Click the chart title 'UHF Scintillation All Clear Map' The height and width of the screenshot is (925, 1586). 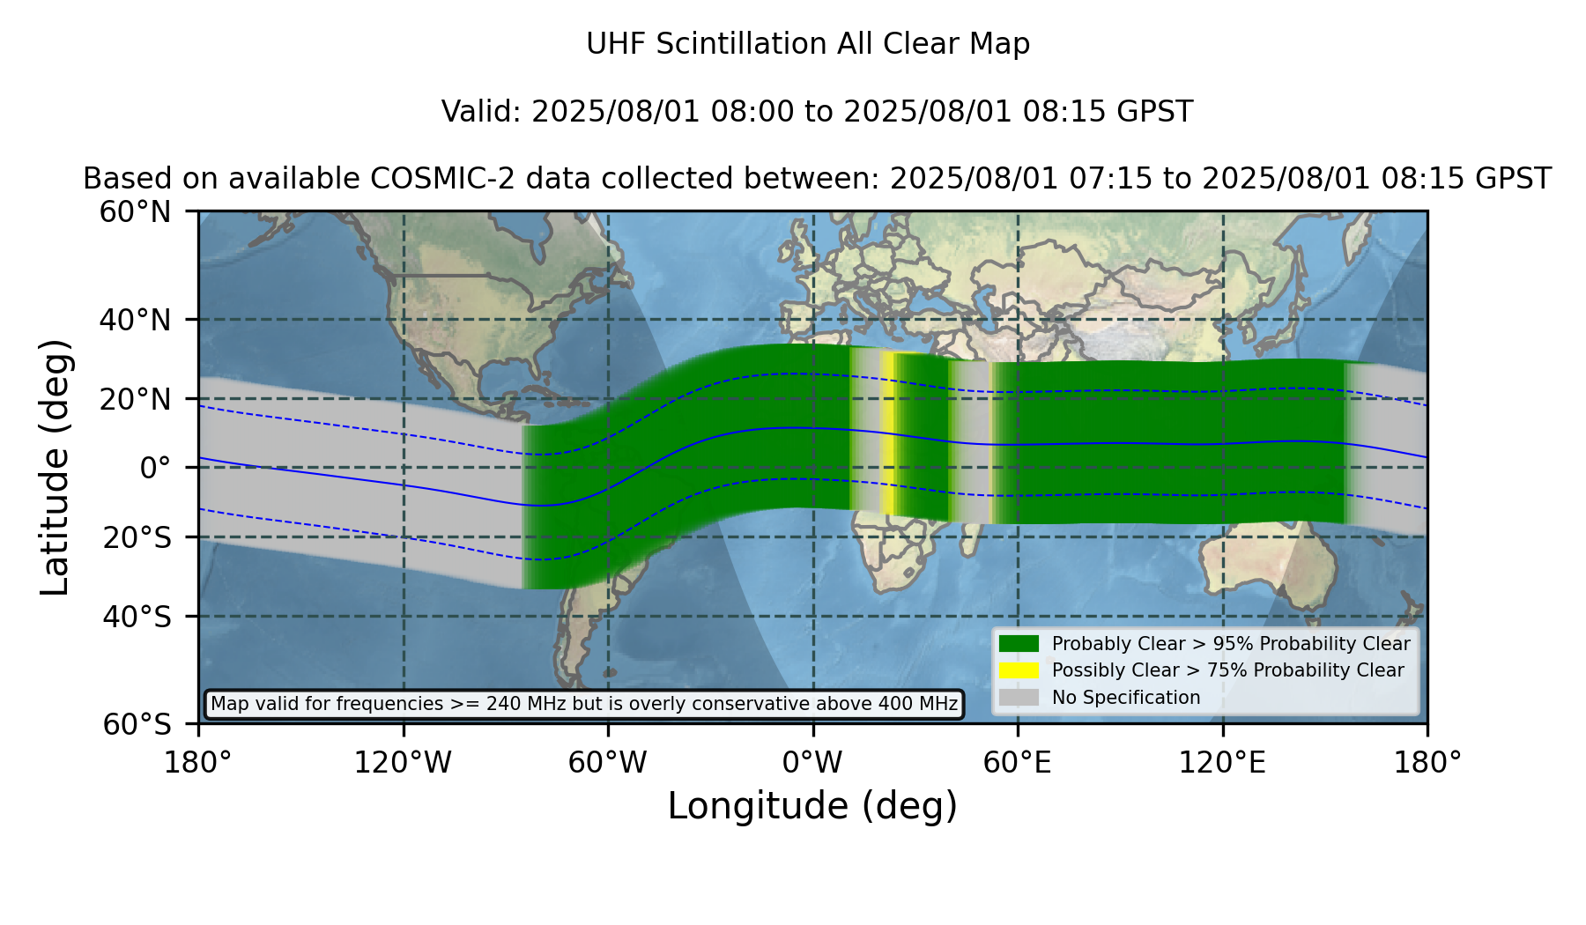[x=808, y=44]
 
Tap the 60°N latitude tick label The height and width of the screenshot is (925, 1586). [x=135, y=212]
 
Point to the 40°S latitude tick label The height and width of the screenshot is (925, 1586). [x=137, y=617]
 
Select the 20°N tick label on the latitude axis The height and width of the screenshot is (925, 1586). [x=135, y=399]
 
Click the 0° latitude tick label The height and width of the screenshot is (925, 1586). [x=155, y=468]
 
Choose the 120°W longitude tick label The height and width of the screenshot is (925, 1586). [x=403, y=762]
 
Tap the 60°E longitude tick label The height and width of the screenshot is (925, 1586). [x=1018, y=762]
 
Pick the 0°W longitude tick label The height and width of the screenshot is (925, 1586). [x=812, y=762]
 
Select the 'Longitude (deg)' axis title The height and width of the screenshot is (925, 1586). [x=812, y=806]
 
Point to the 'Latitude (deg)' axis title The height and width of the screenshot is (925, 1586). [x=55, y=467]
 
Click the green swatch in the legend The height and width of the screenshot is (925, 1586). [x=1019, y=644]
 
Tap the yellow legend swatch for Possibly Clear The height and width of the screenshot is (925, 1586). [x=1019, y=670]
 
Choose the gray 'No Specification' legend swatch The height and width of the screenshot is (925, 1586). [x=1019, y=698]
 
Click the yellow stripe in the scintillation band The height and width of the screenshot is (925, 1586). [x=888, y=433]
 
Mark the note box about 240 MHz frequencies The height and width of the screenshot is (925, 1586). [x=584, y=704]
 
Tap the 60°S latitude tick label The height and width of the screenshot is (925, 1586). [x=137, y=724]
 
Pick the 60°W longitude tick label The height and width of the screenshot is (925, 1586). [x=607, y=762]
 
